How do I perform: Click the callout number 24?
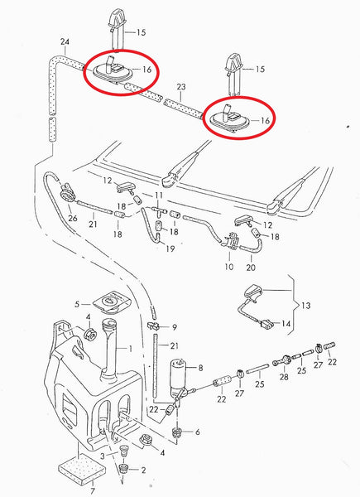(65, 41)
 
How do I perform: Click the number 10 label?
(229, 268)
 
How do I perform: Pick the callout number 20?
(252, 268)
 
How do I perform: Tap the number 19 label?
(170, 248)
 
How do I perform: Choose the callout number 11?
(160, 195)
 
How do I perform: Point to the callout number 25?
(259, 385)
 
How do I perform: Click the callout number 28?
(284, 377)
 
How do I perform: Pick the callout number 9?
(174, 327)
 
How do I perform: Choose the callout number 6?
(196, 432)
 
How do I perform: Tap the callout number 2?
(143, 470)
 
